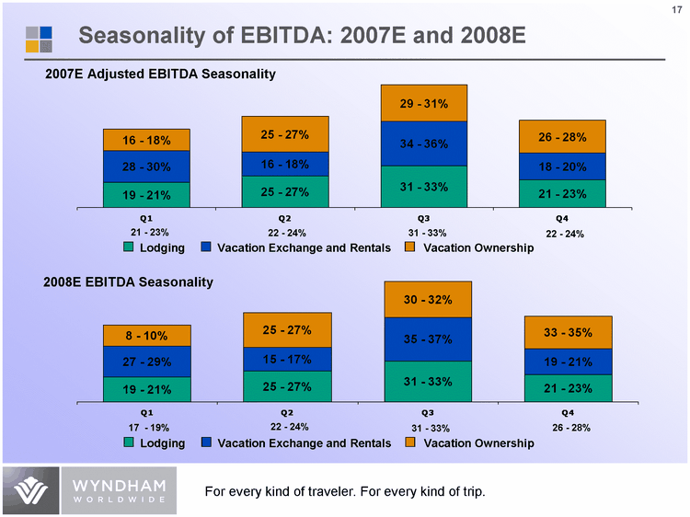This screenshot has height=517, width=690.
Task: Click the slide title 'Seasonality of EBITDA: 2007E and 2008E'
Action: coord(302,36)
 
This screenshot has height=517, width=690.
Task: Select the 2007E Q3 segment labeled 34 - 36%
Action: coord(424,144)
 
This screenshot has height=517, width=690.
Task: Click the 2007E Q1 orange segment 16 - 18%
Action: coord(146,140)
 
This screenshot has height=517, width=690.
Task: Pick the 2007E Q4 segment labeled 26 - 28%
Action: coord(561,137)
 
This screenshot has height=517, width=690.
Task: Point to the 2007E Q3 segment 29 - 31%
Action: coord(424,103)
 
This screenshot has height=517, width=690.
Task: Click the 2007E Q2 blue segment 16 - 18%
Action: coord(285,164)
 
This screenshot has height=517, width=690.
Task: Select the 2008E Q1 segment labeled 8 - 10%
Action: coord(146,336)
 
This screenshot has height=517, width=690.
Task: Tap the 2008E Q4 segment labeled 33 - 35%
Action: coord(562,332)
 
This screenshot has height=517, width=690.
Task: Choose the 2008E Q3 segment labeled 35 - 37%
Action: coord(426,339)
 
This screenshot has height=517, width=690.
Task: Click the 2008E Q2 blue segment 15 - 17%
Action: coord(286,359)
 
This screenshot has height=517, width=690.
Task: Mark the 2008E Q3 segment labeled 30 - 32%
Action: coord(426,299)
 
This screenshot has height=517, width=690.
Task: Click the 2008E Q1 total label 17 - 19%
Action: coord(147,428)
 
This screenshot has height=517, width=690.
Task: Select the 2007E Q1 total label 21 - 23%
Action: coord(147,232)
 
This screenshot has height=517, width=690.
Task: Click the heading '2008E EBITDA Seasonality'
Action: coord(130,281)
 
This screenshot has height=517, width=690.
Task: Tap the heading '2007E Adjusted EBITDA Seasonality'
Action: coord(161,74)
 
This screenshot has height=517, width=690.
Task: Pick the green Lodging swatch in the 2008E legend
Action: coord(130,442)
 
